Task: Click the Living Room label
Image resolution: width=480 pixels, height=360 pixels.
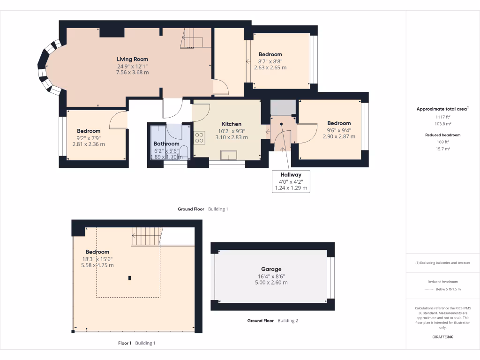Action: [x=132, y=59]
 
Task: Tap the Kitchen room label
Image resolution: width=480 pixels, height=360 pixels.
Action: [x=232, y=124]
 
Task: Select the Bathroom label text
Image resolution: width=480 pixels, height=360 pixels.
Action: [x=166, y=143]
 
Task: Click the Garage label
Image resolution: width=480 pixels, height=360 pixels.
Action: [x=271, y=269]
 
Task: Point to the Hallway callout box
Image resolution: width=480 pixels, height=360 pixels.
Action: [x=291, y=181]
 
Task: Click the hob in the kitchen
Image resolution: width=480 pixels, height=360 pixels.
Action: [x=199, y=137]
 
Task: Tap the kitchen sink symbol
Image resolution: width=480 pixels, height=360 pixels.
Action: [x=229, y=155]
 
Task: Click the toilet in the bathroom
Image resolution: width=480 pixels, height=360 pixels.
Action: [x=184, y=152]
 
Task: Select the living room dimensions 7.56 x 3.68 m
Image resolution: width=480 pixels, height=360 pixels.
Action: [x=132, y=73]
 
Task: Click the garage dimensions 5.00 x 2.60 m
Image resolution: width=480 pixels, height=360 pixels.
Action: [x=271, y=283]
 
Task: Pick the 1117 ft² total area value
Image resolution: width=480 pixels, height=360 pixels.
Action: [x=442, y=117]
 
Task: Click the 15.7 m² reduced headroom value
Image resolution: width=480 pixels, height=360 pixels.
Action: [x=442, y=149]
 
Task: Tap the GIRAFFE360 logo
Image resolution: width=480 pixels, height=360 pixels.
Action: [x=442, y=337]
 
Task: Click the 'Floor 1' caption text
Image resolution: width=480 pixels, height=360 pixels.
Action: [x=125, y=343]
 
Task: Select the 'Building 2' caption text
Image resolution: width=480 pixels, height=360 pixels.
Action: [x=288, y=321]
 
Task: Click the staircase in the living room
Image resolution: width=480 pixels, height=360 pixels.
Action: [x=192, y=38]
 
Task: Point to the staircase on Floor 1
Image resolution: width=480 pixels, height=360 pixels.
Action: [x=147, y=236]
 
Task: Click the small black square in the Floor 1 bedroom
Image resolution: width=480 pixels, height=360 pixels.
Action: [x=129, y=278]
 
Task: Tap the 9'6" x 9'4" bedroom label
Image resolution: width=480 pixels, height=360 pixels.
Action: [x=339, y=123]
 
